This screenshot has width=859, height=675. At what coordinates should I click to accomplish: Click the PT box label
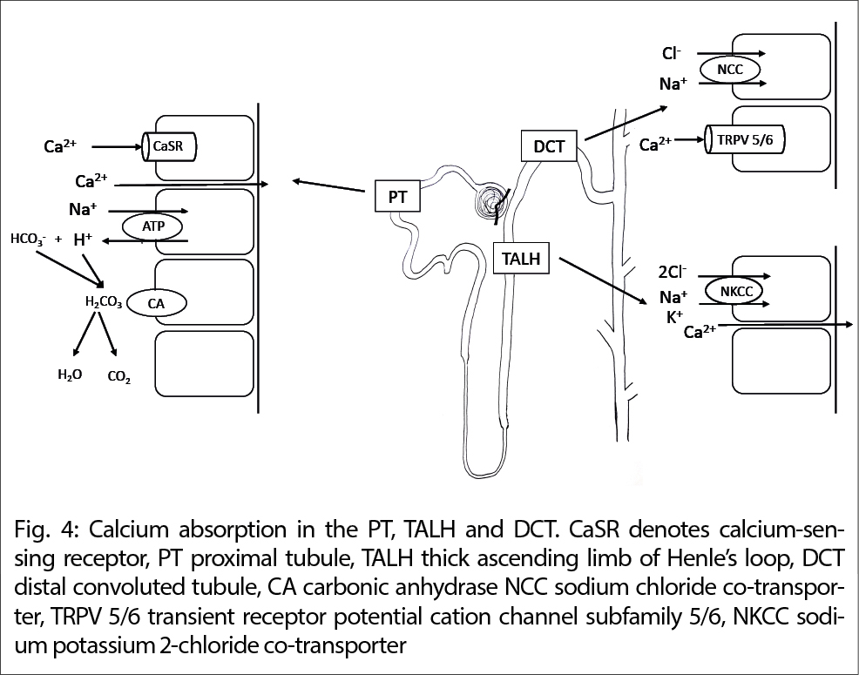pos(397,197)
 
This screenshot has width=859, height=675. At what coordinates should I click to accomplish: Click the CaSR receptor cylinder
pos(168,147)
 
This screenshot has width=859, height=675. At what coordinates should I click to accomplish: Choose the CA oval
pos(157,303)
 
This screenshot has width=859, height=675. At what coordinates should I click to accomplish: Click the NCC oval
pos(729,70)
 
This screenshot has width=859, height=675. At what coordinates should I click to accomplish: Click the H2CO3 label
pos(102,303)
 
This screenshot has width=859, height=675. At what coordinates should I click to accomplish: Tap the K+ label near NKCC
pos(673,317)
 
